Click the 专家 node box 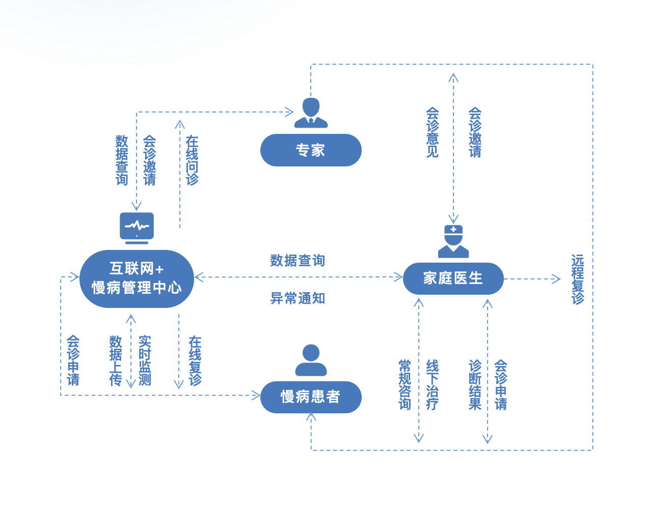pyautogui.click(x=311, y=150)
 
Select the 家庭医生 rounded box pyautogui.click(x=453, y=278)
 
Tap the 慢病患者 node pyautogui.click(x=311, y=397)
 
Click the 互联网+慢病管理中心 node pyautogui.click(x=137, y=279)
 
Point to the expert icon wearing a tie pyautogui.click(x=311, y=112)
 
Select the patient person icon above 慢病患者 pyautogui.click(x=311, y=360)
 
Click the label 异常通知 pyautogui.click(x=298, y=298)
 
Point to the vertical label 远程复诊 pyautogui.click(x=577, y=279)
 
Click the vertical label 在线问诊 pyautogui.click(x=192, y=160)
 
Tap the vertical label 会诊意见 pyautogui.click(x=432, y=132)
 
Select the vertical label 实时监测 pyautogui.click(x=145, y=360)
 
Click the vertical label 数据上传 pyautogui.click(x=116, y=360)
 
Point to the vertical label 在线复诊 pyautogui.click(x=195, y=360)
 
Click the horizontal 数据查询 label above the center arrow pyautogui.click(x=298, y=261)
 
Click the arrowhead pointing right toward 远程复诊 pyautogui.click(x=557, y=279)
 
